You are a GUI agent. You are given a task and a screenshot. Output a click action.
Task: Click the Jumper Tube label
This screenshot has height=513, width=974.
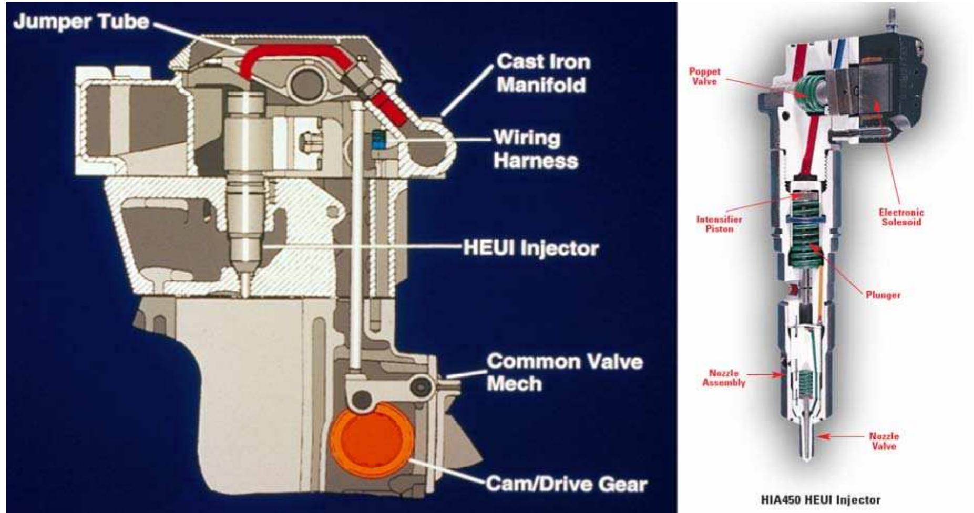(81, 22)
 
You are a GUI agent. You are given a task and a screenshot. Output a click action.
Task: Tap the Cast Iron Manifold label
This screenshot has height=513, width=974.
(542, 73)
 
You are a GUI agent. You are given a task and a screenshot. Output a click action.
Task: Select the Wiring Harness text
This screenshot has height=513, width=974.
(535, 150)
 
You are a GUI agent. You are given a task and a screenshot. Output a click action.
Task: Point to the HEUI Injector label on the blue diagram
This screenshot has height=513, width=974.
(530, 248)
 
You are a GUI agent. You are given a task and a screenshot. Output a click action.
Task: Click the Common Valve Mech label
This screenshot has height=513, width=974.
(564, 372)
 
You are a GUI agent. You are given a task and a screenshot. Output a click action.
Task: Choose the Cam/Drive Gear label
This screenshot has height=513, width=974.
(566, 484)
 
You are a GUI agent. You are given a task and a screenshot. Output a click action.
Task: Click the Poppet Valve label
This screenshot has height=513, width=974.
(704, 77)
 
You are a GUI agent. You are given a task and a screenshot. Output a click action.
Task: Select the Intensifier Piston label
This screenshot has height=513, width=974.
(719, 224)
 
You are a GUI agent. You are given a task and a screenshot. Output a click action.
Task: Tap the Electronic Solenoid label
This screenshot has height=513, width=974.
(901, 217)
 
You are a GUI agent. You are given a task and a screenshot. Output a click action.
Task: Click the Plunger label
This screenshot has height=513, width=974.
(883, 295)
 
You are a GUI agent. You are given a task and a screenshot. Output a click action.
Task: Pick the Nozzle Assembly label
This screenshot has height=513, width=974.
(723, 378)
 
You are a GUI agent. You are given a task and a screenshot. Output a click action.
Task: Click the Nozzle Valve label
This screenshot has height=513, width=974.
(884, 441)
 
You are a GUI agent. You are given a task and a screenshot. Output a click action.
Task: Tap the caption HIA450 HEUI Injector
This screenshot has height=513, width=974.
(820, 499)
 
